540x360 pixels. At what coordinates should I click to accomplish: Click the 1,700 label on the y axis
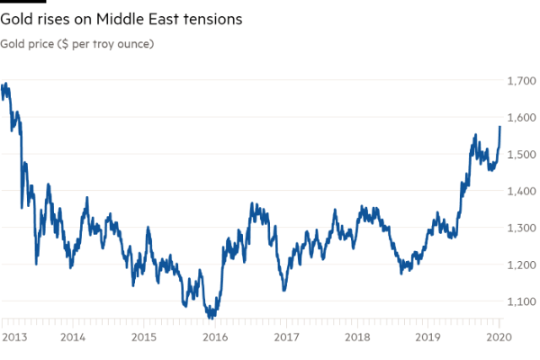522,81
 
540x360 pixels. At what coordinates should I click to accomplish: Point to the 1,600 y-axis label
522,118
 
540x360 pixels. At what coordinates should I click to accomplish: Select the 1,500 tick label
522,155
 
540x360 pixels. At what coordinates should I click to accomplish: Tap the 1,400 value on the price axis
522,191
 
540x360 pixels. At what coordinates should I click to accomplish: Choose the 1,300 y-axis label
522,228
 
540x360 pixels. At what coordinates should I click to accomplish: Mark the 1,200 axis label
522,265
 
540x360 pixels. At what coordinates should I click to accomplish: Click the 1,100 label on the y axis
522,301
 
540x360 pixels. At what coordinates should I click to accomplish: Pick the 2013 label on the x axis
12,337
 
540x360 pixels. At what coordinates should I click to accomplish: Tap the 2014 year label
73,337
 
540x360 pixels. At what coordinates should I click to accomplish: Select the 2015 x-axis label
144,337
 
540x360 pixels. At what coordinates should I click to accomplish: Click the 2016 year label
215,337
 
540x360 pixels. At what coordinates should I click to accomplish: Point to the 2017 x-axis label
286,337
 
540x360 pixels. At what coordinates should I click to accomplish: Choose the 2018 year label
357,337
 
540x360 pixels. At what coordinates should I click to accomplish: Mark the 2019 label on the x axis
428,337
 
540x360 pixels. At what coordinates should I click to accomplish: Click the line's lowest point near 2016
211,318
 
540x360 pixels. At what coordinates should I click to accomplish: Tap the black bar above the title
22,2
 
